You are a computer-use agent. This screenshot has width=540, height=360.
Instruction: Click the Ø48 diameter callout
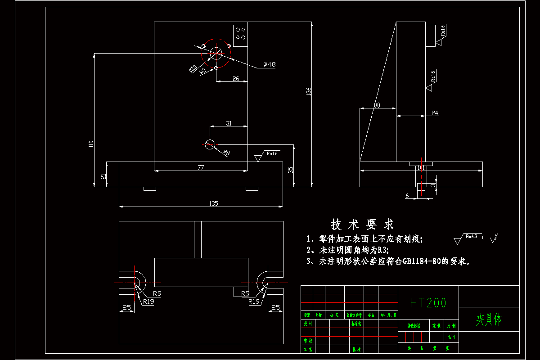coord(270,64)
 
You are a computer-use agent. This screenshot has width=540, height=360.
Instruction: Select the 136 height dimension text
coord(308,92)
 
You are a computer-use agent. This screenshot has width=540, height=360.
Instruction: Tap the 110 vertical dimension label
coord(91,144)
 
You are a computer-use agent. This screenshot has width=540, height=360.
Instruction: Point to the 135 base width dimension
coord(213,203)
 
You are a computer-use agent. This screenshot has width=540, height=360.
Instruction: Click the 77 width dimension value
coord(201,167)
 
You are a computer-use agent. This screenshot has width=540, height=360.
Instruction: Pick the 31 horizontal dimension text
coord(229,123)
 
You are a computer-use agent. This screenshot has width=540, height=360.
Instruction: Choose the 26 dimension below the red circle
coord(235,78)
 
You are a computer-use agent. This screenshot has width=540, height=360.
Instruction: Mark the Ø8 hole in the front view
coord(210,144)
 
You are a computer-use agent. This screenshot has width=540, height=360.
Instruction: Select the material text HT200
coord(428,303)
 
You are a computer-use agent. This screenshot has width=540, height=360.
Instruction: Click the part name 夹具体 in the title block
coord(489,319)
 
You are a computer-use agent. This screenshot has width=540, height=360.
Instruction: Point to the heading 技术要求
coord(363,224)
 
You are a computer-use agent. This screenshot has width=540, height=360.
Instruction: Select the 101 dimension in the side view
coord(421,168)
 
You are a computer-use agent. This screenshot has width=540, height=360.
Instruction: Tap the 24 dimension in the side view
coord(435,113)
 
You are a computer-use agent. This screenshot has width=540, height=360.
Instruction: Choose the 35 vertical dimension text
coord(291,170)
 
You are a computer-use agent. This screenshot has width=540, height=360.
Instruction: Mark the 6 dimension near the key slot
coord(407,196)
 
